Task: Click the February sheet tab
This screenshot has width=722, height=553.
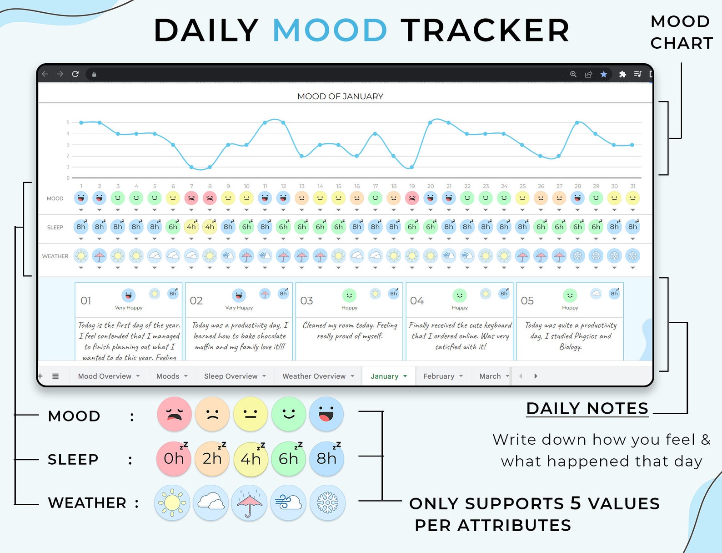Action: (x=439, y=376)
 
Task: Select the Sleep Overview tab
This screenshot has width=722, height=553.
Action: (x=231, y=376)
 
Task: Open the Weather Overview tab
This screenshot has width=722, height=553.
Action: (x=314, y=376)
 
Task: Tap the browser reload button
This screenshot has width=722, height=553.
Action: (x=75, y=74)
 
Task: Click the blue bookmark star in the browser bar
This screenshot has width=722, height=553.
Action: (x=603, y=74)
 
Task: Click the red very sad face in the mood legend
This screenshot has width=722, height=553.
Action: (x=174, y=414)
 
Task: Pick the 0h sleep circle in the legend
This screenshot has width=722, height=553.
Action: (x=174, y=459)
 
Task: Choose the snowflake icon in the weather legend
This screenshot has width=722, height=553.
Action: (x=327, y=503)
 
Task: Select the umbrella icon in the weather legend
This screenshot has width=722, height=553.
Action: (x=249, y=503)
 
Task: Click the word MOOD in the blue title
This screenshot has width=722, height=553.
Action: (x=330, y=30)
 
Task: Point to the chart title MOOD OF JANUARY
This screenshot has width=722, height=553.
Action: (x=340, y=96)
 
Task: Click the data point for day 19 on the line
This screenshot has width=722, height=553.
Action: (x=412, y=167)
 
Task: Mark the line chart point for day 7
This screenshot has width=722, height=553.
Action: (x=191, y=167)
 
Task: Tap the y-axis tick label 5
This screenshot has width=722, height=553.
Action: (x=68, y=122)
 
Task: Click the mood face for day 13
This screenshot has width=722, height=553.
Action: (x=301, y=198)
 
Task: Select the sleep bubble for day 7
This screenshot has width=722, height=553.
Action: (x=191, y=227)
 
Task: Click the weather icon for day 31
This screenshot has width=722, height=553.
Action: (x=632, y=256)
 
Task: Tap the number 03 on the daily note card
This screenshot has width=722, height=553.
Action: (x=306, y=301)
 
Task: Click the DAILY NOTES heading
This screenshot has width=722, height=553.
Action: (x=587, y=408)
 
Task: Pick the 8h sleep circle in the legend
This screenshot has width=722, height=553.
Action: (x=326, y=459)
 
